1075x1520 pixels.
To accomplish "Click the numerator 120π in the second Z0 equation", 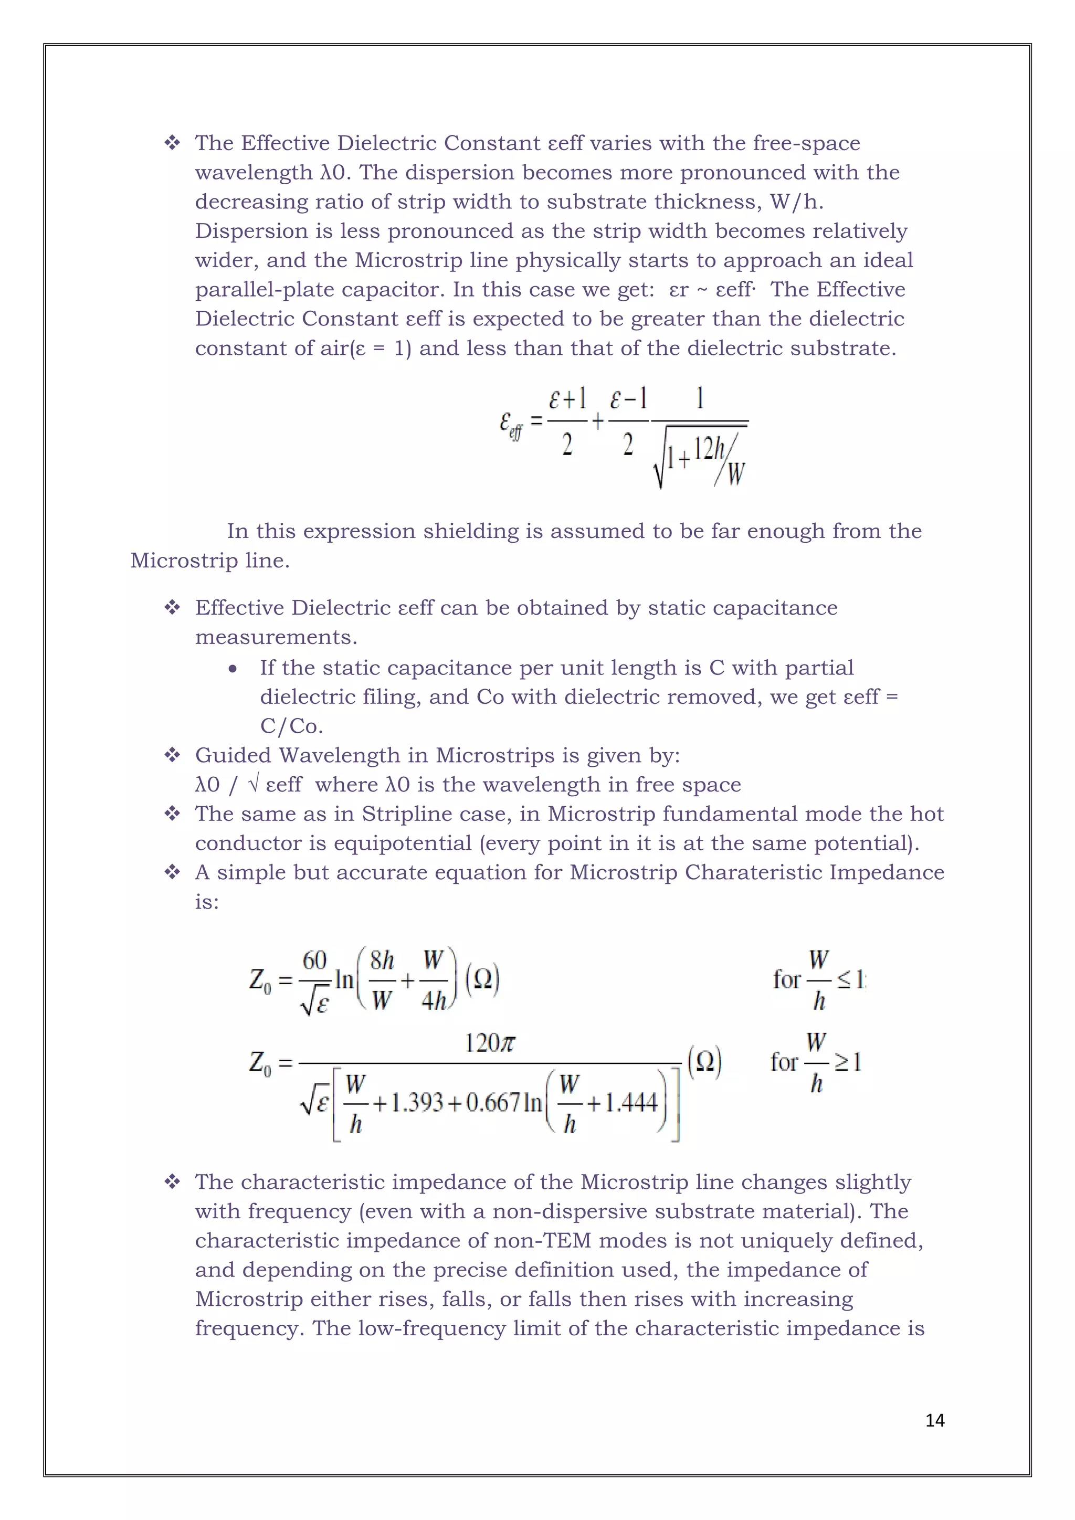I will coord(490,1043).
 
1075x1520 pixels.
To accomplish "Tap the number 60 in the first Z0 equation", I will coord(314,960).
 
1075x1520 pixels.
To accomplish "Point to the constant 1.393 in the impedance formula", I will coord(416,1102).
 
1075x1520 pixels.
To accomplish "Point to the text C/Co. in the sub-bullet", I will coord(291,726).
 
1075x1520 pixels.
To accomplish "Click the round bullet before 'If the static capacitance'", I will coord(233,669).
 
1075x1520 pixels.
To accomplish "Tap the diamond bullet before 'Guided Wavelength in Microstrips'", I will coord(172,755).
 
